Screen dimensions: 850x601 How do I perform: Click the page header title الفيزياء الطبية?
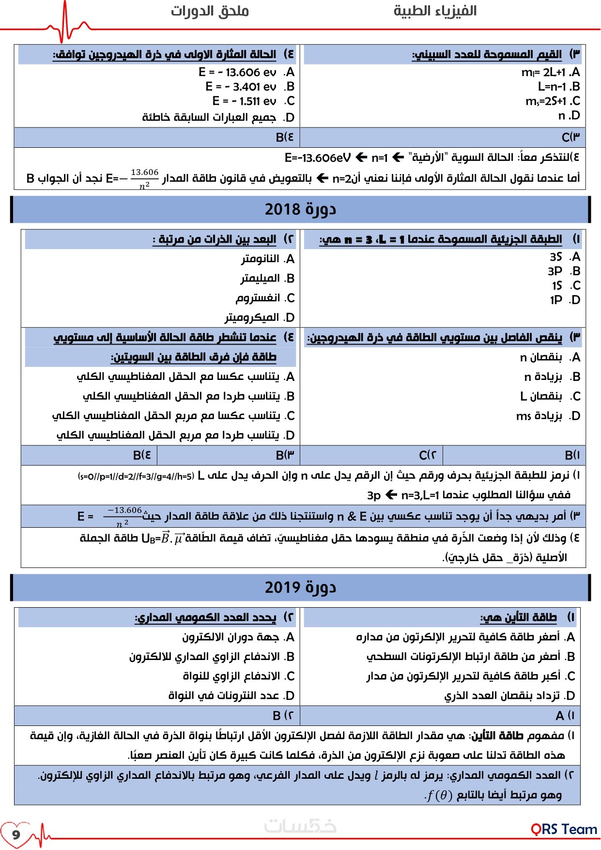pos(434,11)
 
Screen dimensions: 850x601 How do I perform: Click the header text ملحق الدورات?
pos(210,11)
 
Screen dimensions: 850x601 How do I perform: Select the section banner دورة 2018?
pos(300,209)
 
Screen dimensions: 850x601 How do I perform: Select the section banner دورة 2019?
pos(300,587)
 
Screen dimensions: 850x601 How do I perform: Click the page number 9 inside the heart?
pos(16,834)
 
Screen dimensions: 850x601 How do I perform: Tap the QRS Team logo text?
pos(564,829)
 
